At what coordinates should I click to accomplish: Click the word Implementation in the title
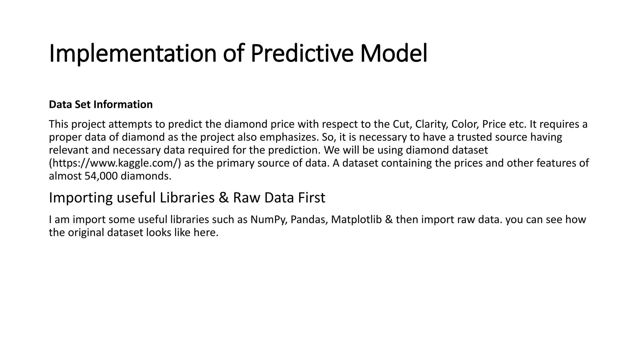[132, 54]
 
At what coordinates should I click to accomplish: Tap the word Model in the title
[393, 54]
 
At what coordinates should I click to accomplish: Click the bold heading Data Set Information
[101, 104]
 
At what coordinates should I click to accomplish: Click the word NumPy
[269, 220]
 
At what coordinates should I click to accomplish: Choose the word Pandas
[309, 220]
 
